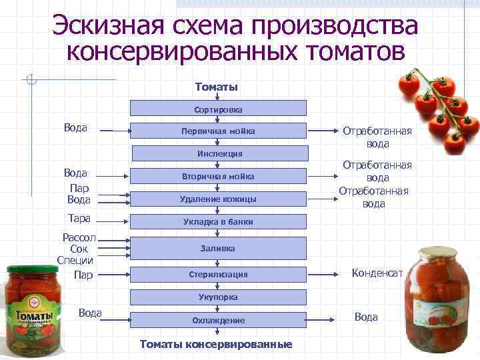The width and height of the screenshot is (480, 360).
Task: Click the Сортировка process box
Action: pos(218,108)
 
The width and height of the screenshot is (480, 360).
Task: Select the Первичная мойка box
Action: pos(218,131)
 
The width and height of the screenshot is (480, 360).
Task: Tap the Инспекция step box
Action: pos(219,153)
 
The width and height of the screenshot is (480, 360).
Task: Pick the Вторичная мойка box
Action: pos(218,176)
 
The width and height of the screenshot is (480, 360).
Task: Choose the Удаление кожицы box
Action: pos(218,199)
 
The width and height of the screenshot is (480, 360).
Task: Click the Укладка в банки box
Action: pos(218,221)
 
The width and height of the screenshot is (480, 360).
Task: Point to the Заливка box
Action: pos(218,248)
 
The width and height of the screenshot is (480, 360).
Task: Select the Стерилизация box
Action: pos(218,274)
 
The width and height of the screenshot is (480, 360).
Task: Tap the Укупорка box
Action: pos(218,297)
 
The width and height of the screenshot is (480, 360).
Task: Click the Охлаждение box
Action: pos(218,320)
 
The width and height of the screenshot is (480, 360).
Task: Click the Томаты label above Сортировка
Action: pos(217,87)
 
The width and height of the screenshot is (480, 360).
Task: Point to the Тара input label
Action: pos(79,218)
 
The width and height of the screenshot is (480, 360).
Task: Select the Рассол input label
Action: pos(79,237)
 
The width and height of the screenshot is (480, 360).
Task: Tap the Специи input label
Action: pos(75,260)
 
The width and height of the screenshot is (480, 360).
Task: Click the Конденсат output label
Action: pos(377,272)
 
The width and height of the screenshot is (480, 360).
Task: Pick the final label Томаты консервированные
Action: pos(216,344)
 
